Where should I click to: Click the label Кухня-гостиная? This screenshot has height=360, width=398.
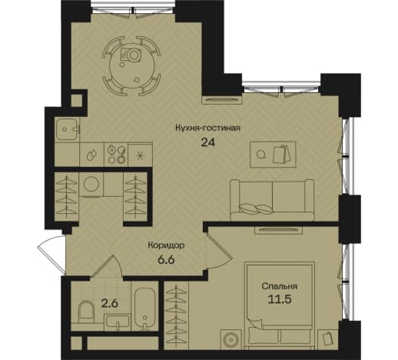click(207, 128)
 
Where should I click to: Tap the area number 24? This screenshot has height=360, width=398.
click(208, 142)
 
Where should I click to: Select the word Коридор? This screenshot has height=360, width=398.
click(166, 245)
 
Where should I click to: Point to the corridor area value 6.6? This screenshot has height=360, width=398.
click(166, 259)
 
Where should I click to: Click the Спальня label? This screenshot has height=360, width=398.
click(280, 286)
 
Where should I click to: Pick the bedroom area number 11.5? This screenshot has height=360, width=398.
click(280, 299)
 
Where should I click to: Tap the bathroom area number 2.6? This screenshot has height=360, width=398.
click(109, 304)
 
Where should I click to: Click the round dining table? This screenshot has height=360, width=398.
click(132, 66)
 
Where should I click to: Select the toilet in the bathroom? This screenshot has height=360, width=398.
click(85, 312)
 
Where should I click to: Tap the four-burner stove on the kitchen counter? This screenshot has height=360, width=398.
click(116, 155)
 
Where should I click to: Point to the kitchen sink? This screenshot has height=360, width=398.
click(66, 129)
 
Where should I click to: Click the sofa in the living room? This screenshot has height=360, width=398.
click(272, 200)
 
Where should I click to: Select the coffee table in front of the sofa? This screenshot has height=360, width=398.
click(273, 155)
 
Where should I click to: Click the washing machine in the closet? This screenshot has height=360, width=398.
click(91, 185)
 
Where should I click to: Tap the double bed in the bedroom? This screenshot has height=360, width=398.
click(280, 305)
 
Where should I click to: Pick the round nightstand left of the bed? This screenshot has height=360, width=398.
click(231, 339)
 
